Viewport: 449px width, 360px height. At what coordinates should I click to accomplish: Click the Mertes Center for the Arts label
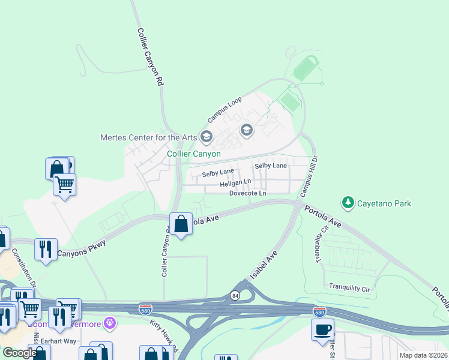(148, 137)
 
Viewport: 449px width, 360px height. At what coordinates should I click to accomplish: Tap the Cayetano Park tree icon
(348, 203)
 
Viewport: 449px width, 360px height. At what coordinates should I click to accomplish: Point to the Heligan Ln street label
(235, 182)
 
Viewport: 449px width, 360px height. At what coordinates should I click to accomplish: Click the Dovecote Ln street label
(247, 193)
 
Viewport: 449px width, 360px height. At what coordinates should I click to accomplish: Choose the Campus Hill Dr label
(309, 177)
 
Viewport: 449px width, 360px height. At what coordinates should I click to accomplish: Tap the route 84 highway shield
(235, 295)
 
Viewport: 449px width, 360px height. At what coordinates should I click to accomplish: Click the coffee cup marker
(322, 330)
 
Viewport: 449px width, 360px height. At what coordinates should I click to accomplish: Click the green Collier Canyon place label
(193, 154)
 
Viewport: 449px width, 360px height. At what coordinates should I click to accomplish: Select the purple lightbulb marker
(109, 323)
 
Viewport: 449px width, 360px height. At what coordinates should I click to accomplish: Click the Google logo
(19, 353)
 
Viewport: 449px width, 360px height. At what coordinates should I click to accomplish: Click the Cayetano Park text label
(385, 203)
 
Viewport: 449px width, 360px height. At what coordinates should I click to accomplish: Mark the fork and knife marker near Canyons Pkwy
(46, 248)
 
